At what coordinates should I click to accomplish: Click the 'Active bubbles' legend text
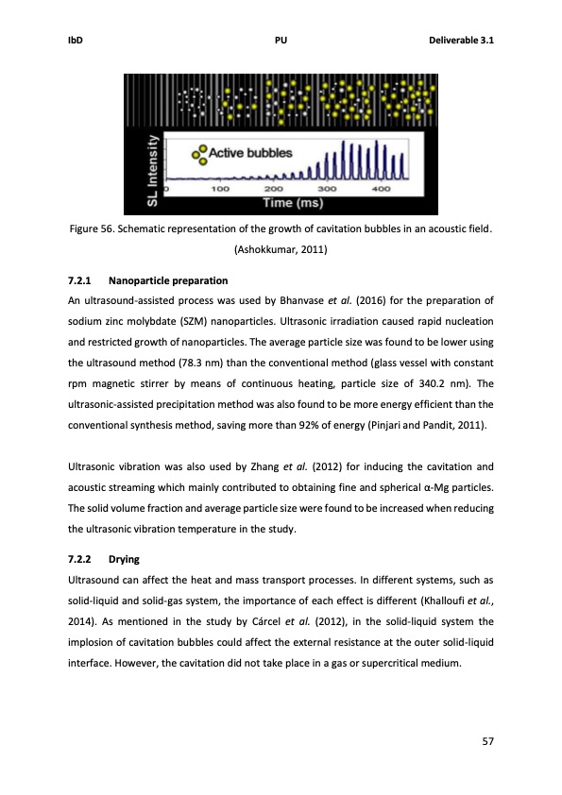(x=249, y=153)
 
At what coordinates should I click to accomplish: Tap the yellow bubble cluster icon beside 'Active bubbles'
(x=198, y=154)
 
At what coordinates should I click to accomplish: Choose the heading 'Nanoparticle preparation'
(x=168, y=280)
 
